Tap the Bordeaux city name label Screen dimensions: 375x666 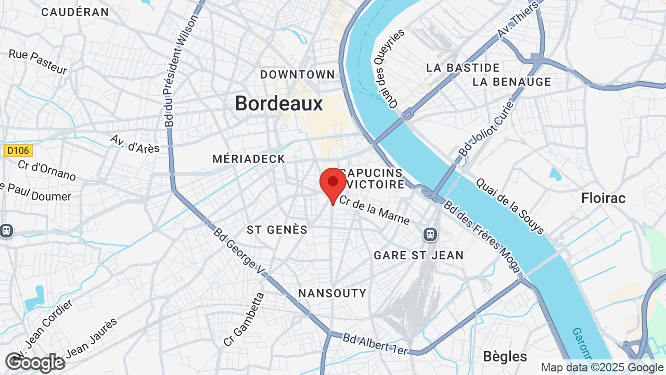pos(279,104)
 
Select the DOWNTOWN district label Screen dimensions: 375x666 pos(298,74)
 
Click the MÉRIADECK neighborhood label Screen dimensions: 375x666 pos(249,159)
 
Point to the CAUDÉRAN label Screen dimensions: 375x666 pos(75,12)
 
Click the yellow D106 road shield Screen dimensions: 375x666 pos(18,151)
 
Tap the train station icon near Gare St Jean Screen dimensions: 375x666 pos(430,234)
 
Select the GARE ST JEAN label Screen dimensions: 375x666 pos(418,255)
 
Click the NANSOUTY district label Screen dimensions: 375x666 pos(332,293)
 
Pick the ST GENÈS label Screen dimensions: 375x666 pos(277,230)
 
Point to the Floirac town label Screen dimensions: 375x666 pos(603,198)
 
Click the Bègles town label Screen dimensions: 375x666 pos(505,357)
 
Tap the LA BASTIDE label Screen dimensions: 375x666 pos(463,68)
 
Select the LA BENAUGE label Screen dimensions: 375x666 pos(511,82)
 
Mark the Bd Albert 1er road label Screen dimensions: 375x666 pos(375,344)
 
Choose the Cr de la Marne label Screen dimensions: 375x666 pos(374,210)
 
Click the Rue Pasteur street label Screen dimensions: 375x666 pos(38,62)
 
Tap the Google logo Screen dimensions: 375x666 pos(35,362)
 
